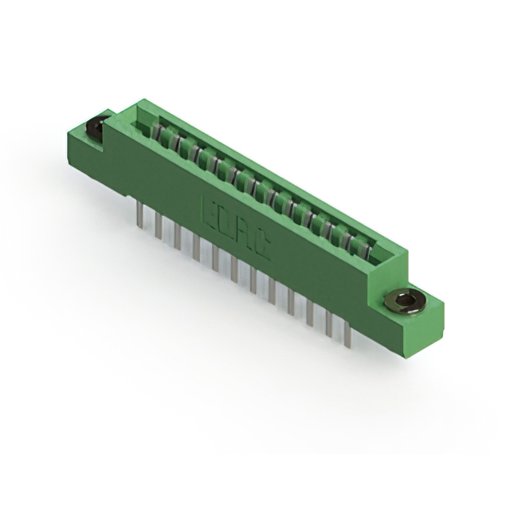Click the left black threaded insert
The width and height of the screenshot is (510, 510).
(97, 127)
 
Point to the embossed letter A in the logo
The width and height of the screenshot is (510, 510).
(245, 235)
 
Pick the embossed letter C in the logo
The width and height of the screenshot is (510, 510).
(262, 248)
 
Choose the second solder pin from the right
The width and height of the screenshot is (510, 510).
(328, 326)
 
